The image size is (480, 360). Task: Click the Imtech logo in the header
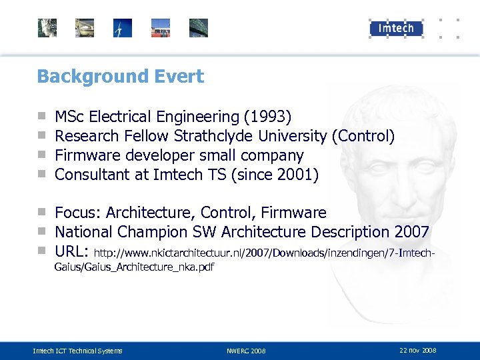pyautogui.click(x=396, y=28)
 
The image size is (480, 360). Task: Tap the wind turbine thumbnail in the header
pyautogui.click(x=123, y=28)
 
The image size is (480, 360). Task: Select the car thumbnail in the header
pyautogui.click(x=85, y=28)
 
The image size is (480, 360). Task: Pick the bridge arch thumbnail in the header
pyautogui.click(x=199, y=28)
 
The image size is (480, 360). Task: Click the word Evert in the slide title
pyautogui.click(x=181, y=77)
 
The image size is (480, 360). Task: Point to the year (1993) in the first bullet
pyautogui.click(x=267, y=117)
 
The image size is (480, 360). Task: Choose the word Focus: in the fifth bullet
pyautogui.click(x=77, y=213)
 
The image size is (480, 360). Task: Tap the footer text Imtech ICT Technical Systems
pyautogui.click(x=78, y=351)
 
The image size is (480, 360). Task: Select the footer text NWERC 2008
pyautogui.click(x=246, y=351)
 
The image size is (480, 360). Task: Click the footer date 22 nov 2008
pyautogui.click(x=418, y=350)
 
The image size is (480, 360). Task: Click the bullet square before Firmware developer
pyautogui.click(x=41, y=156)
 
